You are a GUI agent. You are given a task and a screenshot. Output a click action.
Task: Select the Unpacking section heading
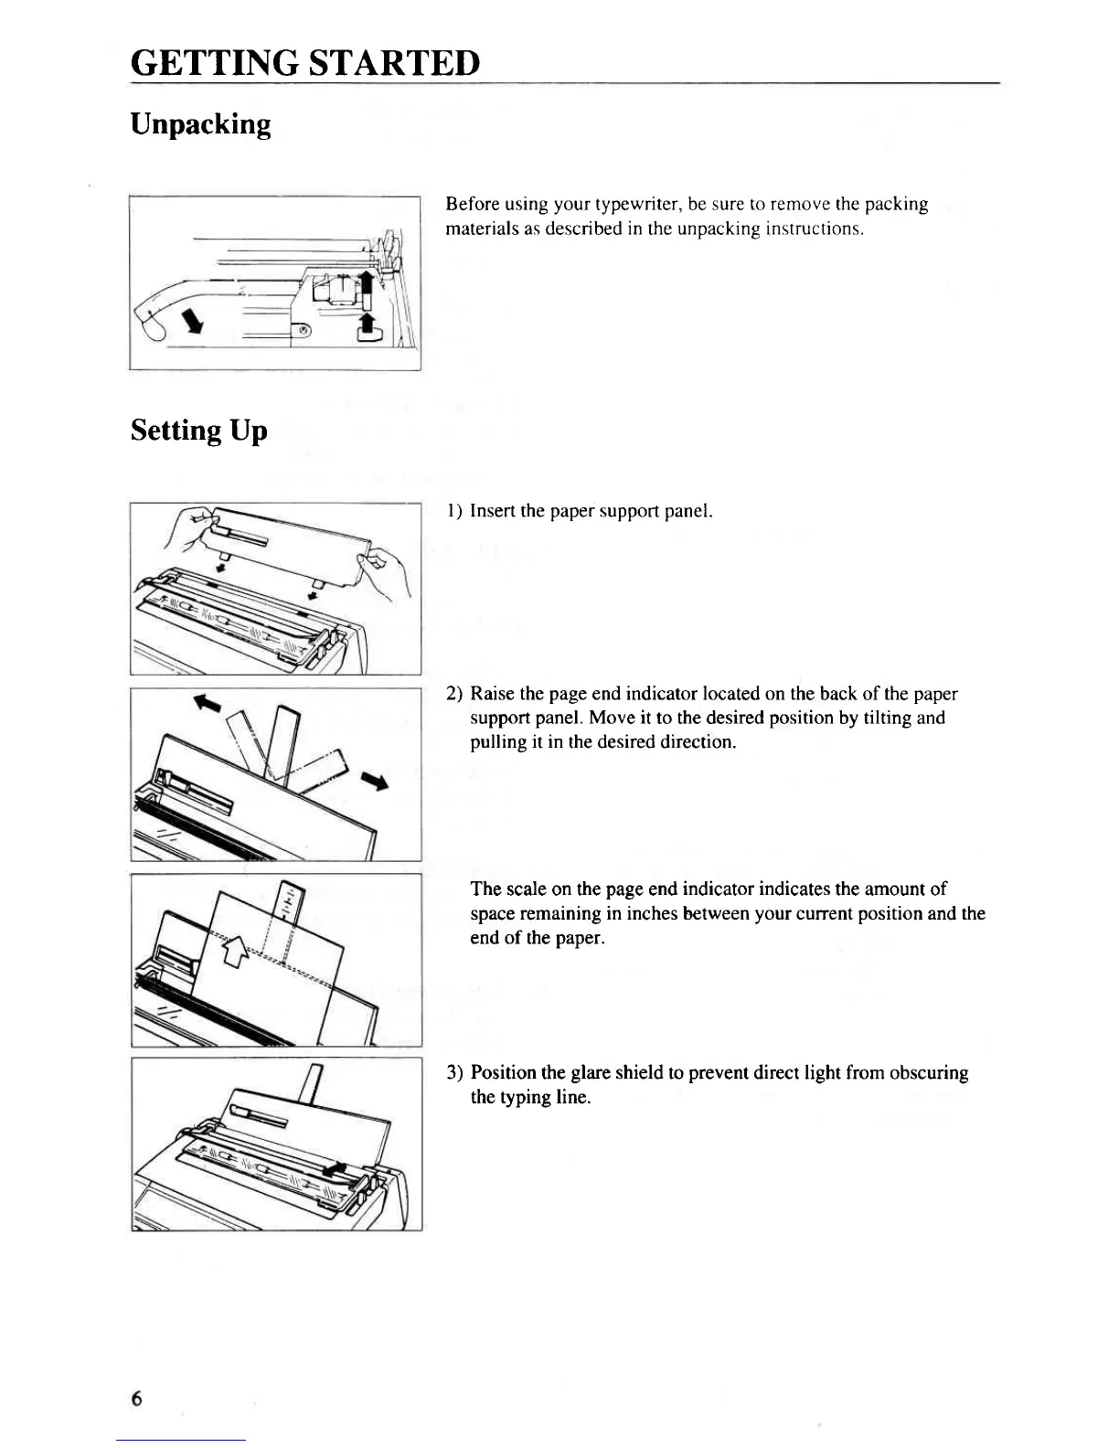201,123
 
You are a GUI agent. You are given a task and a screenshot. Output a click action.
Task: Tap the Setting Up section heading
198,430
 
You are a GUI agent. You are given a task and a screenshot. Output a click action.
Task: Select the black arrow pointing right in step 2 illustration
375,780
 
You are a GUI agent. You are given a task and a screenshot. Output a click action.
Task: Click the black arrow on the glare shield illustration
336,1169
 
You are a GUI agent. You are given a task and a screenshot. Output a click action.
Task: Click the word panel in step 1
691,511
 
